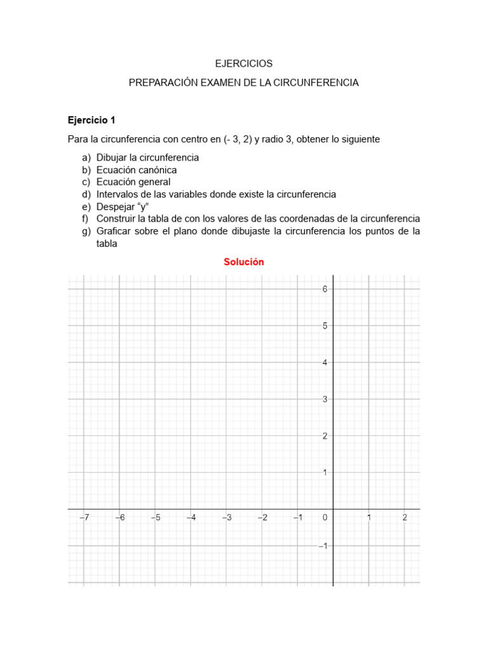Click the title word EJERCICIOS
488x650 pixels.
pyautogui.click(x=243, y=63)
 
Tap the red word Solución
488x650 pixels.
pyautogui.click(x=243, y=262)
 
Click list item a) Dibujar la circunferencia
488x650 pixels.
pyautogui.click(x=147, y=157)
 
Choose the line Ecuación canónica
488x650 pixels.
pyautogui.click(x=137, y=170)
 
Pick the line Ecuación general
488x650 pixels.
pyautogui.click(x=133, y=182)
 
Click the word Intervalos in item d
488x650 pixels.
pyautogui.click(x=117, y=194)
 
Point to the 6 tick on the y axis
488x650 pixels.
pyautogui.click(x=325, y=289)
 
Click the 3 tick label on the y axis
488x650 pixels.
pyautogui.click(x=325, y=399)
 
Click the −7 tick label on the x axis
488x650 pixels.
pyautogui.click(x=84, y=518)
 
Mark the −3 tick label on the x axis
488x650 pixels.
pyautogui.click(x=226, y=518)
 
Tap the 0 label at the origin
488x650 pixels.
pyautogui.click(x=325, y=518)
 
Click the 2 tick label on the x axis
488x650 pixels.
pyautogui.click(x=405, y=518)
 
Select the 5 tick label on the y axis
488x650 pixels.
pyautogui.click(x=325, y=326)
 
